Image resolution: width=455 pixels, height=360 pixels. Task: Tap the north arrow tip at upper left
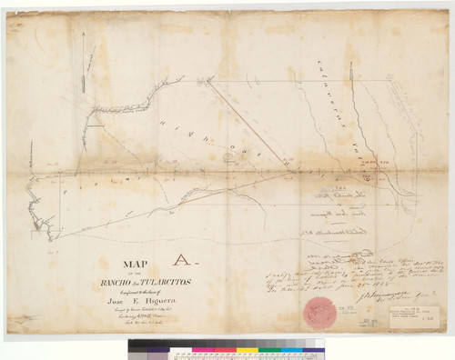coord(83,34)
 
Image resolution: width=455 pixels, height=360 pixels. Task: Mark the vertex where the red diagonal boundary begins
coord(209,82)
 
